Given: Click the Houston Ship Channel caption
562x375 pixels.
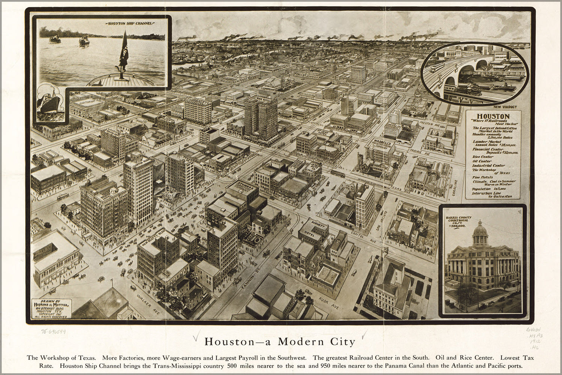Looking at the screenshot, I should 130,23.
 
